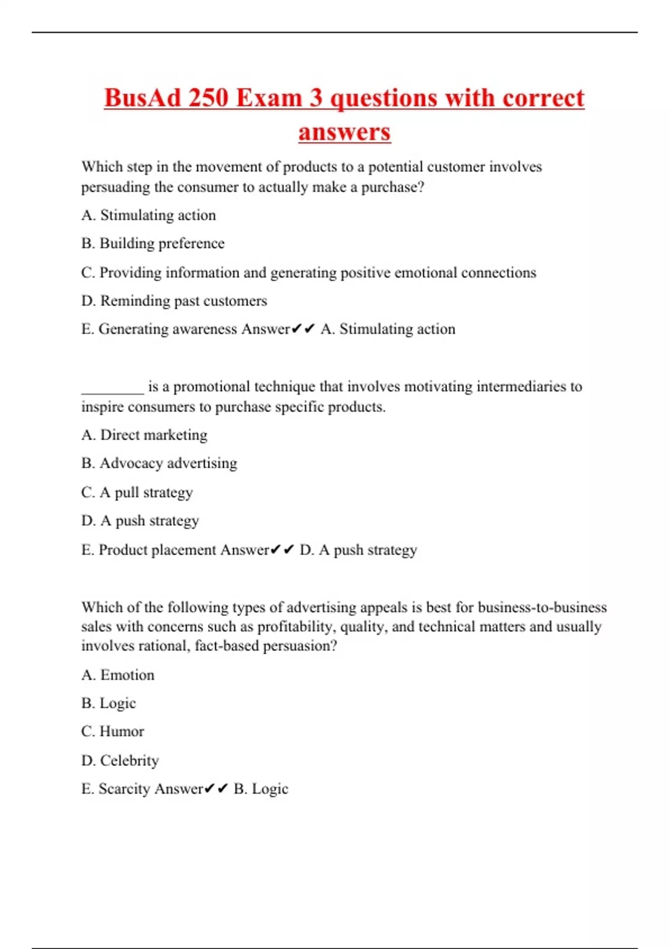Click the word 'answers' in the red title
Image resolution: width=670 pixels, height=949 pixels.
coord(344,132)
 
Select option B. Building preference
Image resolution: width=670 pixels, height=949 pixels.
coord(153,243)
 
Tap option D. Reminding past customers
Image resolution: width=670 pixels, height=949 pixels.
coord(174,301)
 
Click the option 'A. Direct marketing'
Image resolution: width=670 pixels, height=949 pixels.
coord(145,435)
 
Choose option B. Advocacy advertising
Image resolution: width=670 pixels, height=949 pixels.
coord(160,463)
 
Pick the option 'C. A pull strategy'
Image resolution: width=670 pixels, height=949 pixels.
coord(137,492)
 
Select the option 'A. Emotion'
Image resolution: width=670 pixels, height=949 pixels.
coord(118,675)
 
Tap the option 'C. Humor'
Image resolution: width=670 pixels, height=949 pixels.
coord(113,731)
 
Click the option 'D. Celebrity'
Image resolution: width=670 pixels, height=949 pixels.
coord(120,760)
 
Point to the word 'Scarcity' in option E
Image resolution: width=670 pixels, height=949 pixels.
coord(124,789)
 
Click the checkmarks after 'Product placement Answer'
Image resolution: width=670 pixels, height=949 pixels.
coord(283,550)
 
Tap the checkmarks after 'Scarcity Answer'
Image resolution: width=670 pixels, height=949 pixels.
coord(217,789)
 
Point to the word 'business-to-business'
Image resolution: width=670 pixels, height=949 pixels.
coord(542,607)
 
